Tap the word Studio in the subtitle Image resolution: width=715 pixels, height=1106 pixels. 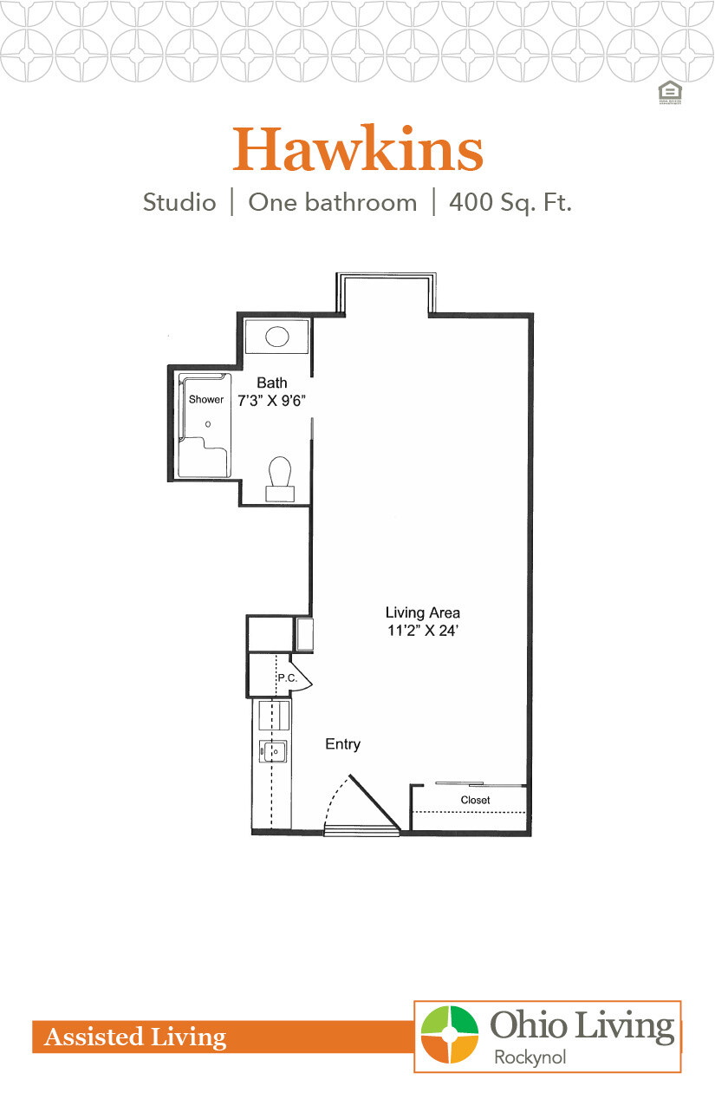[x=179, y=203]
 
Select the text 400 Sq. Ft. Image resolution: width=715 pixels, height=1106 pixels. [x=510, y=203]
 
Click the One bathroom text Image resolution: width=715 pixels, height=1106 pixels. [x=332, y=203]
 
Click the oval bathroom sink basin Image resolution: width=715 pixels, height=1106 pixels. [x=277, y=337]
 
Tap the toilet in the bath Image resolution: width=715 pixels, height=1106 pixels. [x=280, y=477]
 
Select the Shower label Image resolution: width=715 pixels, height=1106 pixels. [x=206, y=400]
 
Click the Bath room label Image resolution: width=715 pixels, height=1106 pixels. [x=271, y=383]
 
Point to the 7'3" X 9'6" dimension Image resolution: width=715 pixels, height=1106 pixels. [x=273, y=400]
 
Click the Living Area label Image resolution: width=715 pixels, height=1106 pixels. [x=423, y=613]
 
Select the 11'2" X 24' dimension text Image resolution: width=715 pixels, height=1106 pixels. [x=423, y=632]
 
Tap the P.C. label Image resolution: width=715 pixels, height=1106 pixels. [x=287, y=678]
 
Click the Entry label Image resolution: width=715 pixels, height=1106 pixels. [x=342, y=744]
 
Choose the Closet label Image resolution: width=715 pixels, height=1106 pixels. [x=475, y=800]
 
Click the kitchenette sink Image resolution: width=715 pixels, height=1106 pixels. [x=276, y=750]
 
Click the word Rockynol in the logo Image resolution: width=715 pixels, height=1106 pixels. [x=529, y=1057]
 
